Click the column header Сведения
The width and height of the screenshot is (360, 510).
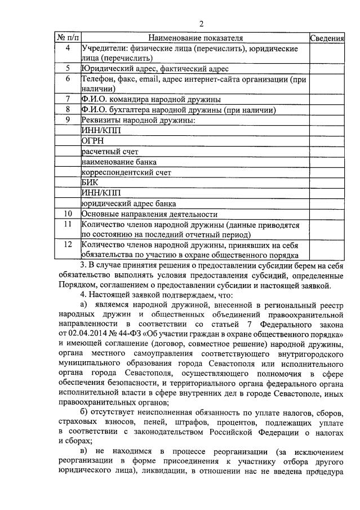click(327, 38)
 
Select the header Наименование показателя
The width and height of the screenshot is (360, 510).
click(195, 38)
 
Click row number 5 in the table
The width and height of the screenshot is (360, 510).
click(68, 69)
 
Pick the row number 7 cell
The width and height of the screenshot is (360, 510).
click(68, 99)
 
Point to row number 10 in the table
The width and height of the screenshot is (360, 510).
click(68, 214)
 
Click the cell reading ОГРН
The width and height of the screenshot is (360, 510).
click(93, 141)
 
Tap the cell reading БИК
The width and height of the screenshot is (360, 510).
click(90, 183)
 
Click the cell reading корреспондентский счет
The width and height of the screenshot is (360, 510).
click(126, 172)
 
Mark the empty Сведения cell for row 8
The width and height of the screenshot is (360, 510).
click(327, 110)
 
